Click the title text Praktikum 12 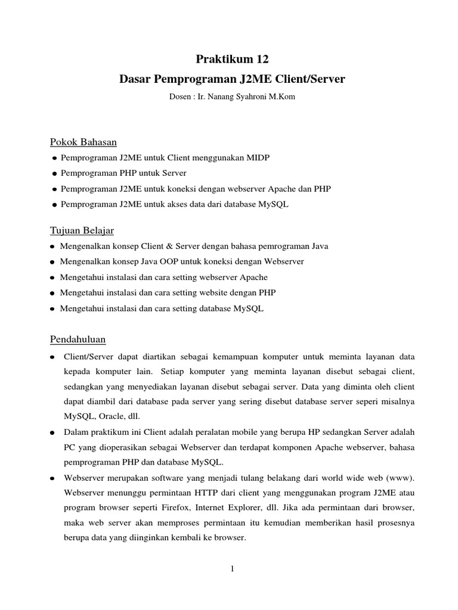pyautogui.click(x=233, y=59)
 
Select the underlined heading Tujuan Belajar pyautogui.click(x=81, y=231)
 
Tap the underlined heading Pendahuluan pyautogui.click(x=77, y=340)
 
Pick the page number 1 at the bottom pyautogui.click(x=233, y=569)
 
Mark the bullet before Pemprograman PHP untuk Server pyautogui.click(x=55, y=173)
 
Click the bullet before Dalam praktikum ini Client pyautogui.click(x=53, y=431)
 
